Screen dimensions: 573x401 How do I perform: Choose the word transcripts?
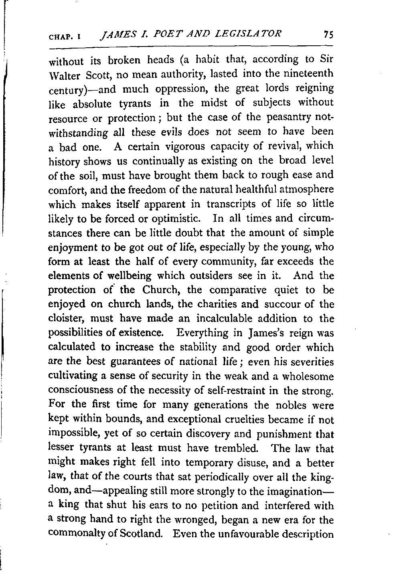[x=231, y=204]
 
